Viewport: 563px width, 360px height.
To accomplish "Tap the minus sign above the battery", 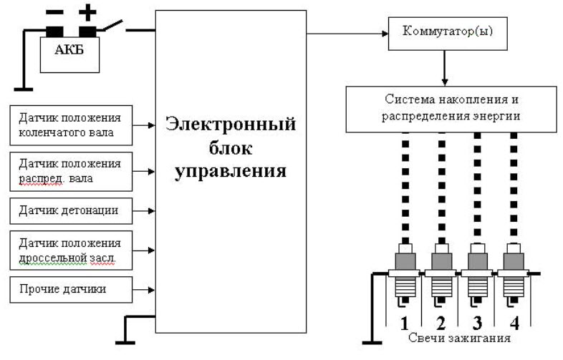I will pos(54,12).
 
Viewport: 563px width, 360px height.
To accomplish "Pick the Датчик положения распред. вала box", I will pos(70,170).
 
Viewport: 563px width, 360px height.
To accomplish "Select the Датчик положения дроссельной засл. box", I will pos(70,250).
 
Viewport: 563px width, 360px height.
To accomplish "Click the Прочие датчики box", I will pos(70,289).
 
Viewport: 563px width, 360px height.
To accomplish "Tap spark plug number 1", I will pos(405,276).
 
